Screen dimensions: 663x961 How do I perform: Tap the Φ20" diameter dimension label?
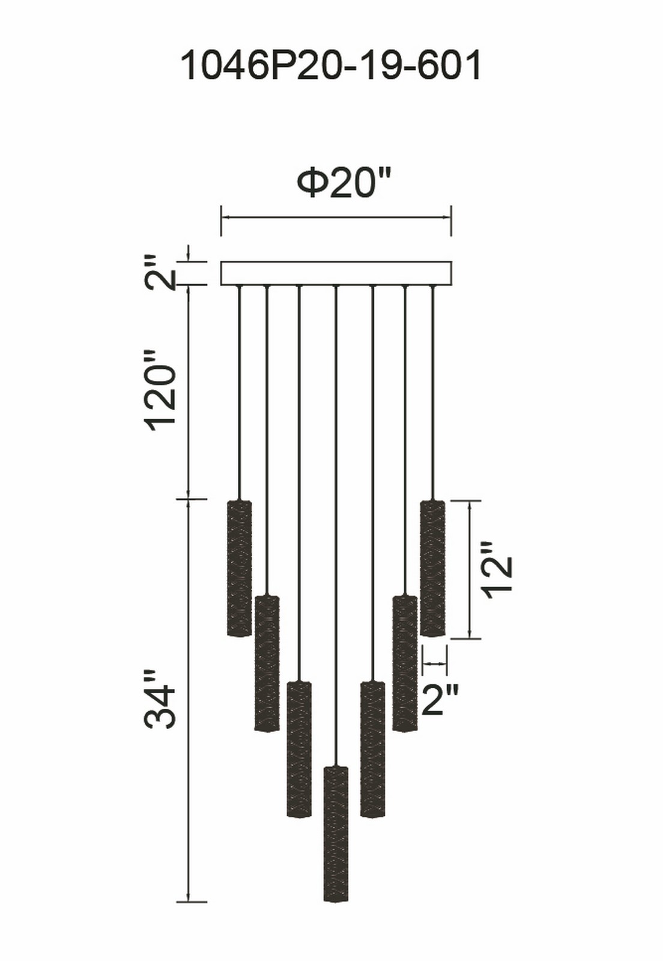[x=344, y=183]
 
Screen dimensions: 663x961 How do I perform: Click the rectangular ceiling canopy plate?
[x=336, y=273]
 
